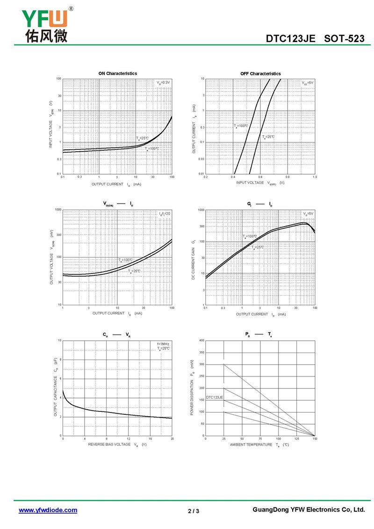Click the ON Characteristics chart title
tap(117, 73)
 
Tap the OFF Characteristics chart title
tap(260, 73)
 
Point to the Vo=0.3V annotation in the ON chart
tap(164, 82)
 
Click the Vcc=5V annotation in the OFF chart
tap(308, 82)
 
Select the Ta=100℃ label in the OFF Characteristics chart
tap(241, 126)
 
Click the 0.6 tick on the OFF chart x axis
tap(260, 177)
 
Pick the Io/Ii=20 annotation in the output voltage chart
tap(165, 213)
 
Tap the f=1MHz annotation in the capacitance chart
tap(163, 344)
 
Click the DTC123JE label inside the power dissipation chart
tap(215, 397)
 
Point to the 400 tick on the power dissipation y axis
tap(201, 340)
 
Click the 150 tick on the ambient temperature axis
tap(315, 439)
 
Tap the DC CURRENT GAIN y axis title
tap(193, 260)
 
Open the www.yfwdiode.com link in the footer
tap(48, 510)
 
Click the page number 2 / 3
tap(194, 511)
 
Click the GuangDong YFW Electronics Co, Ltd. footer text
tap(308, 509)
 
